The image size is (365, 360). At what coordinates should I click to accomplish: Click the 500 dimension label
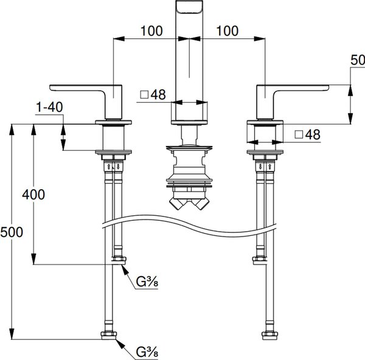[12, 232]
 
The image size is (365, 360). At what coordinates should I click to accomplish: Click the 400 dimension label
[33, 195]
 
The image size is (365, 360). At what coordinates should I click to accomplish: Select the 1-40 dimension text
[49, 107]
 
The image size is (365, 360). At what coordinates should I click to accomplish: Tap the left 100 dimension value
[151, 31]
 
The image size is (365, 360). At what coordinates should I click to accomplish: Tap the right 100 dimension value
[227, 31]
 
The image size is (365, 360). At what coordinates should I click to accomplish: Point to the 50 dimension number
[358, 60]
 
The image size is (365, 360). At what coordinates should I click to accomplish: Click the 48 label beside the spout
[158, 94]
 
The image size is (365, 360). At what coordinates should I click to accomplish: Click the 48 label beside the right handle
[313, 134]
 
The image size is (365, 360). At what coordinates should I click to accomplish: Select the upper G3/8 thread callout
[147, 282]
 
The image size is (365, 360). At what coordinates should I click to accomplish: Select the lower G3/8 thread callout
[147, 352]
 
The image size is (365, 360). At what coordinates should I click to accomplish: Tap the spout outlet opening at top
[189, 7]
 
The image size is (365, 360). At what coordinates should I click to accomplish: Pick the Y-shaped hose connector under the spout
[189, 203]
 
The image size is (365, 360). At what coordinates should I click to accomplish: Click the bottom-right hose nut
[269, 336]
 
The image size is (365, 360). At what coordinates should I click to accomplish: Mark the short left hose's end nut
[119, 260]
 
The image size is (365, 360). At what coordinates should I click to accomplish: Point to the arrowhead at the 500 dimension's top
[12, 130]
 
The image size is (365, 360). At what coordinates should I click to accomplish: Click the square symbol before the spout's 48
[144, 94]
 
